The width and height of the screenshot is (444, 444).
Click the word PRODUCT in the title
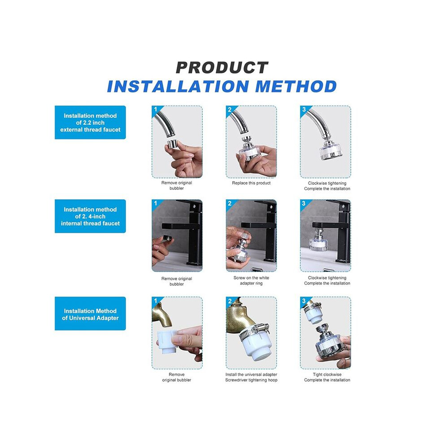(222, 68)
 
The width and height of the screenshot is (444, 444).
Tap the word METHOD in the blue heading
(296, 87)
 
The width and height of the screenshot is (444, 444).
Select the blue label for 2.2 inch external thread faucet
(90, 122)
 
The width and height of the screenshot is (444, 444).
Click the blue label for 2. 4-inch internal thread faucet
(90, 216)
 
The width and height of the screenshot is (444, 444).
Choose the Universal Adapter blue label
(90, 313)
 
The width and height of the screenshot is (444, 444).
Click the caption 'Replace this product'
(251, 183)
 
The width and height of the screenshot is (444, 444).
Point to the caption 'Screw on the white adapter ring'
(251, 280)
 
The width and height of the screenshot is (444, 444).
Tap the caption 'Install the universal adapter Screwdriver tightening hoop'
(251, 377)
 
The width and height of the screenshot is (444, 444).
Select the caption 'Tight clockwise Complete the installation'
(327, 377)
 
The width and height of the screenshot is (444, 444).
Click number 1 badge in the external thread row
(155, 109)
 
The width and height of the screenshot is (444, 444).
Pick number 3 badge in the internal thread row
(304, 203)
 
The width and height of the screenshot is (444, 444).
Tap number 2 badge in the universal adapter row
(230, 301)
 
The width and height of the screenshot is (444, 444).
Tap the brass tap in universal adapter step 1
(161, 315)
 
